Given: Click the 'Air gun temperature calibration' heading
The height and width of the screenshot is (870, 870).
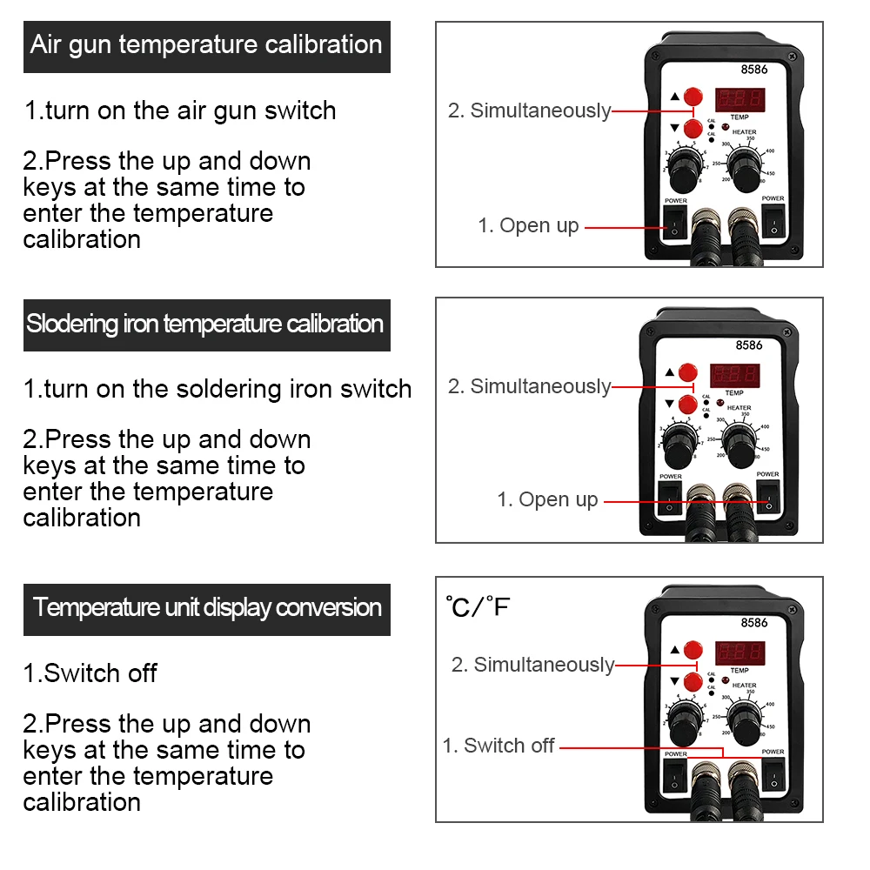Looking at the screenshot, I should [206, 45].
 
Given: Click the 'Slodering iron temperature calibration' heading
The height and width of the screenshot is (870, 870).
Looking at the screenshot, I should [205, 325].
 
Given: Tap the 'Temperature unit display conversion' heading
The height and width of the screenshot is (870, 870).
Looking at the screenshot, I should [207, 607].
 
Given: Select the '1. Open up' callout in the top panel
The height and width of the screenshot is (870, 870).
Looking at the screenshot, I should [528, 225].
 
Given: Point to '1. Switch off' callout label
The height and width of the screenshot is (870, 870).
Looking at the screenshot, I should [499, 746].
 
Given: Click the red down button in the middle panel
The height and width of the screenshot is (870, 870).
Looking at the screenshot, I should [688, 404].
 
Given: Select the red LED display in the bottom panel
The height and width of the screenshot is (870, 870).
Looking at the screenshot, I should [739, 652].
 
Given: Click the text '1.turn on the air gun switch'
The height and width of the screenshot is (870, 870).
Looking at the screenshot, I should [180, 111].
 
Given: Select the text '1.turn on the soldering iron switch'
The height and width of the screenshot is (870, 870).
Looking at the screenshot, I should [217, 389].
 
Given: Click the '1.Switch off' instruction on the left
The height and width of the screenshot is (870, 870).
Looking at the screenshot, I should [90, 673].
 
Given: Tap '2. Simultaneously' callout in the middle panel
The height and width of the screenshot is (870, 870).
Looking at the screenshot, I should [529, 386].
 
